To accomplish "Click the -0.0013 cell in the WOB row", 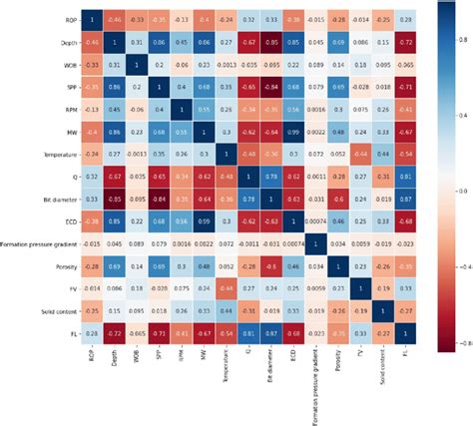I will coord(231,64).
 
